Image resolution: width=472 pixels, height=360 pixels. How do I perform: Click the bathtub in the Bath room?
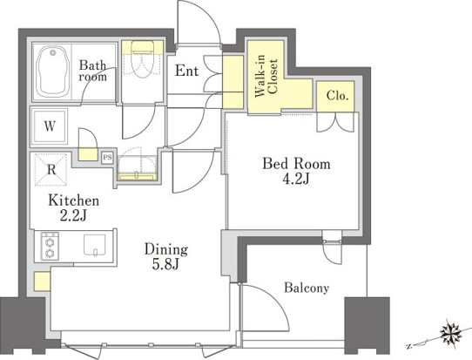(x=51, y=71)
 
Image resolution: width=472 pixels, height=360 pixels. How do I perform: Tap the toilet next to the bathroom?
(x=143, y=59)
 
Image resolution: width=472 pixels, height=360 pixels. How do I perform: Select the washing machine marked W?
(x=50, y=126)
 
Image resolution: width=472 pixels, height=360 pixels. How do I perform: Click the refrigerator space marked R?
(x=51, y=169)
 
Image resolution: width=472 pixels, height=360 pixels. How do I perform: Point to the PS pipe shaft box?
(x=107, y=157)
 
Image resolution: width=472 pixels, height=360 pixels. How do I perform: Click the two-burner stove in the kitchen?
(x=50, y=245)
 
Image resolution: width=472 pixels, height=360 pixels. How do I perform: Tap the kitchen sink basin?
(x=95, y=245)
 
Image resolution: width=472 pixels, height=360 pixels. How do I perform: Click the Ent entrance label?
(x=186, y=71)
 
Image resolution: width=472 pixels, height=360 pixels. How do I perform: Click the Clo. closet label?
(x=337, y=96)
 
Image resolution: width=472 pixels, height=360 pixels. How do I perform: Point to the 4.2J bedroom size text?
(x=296, y=179)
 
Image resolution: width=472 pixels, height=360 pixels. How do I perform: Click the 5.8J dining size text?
(x=165, y=264)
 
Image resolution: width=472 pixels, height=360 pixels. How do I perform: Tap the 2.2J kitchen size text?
(x=73, y=215)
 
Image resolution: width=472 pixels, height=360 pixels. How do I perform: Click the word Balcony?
(x=307, y=288)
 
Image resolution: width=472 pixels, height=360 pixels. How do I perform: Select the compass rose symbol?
(x=451, y=333)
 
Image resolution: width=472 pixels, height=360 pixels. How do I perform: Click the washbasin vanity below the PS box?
(x=137, y=168)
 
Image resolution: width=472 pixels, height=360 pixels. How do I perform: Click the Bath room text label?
(x=92, y=71)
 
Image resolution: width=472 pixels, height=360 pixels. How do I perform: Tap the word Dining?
(x=166, y=250)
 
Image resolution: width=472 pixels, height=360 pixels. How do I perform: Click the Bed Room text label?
(x=296, y=164)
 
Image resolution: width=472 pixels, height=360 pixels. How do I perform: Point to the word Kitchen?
(x=73, y=200)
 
